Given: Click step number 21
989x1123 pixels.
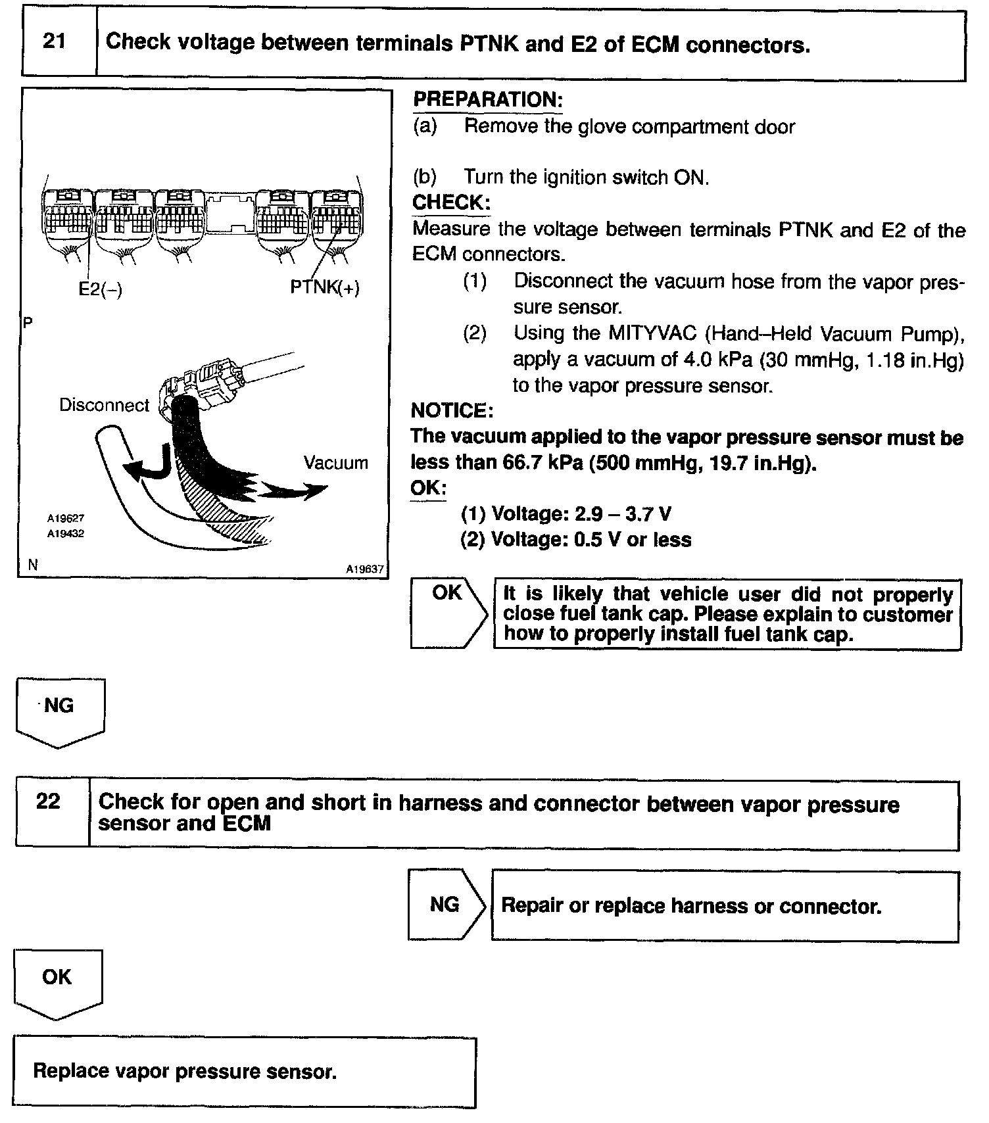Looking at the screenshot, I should [x=55, y=42].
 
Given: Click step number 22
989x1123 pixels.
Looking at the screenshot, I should [x=49, y=801].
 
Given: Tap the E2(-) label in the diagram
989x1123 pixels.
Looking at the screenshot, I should [x=101, y=289].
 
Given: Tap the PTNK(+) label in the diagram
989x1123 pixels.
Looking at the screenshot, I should [x=325, y=288].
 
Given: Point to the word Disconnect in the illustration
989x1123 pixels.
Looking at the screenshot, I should [x=105, y=405].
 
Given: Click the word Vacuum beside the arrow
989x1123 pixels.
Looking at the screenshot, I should [x=335, y=463].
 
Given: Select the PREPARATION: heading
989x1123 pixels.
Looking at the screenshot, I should [x=487, y=100].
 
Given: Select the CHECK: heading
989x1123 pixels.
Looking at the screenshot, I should [x=451, y=203].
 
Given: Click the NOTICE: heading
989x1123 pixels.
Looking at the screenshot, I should [x=452, y=411].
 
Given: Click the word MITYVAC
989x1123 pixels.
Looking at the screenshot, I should [x=652, y=333].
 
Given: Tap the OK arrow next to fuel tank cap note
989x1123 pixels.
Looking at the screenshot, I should [x=449, y=613].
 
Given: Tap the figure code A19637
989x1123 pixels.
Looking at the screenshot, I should [x=365, y=569].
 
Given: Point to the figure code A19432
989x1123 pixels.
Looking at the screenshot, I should [x=65, y=534].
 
